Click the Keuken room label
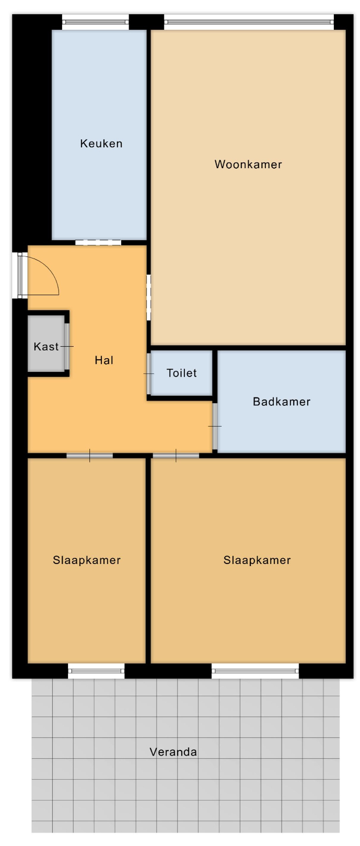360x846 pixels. point(101,144)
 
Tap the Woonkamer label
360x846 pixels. point(248,164)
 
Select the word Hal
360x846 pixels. point(104,360)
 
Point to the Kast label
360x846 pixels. point(46,346)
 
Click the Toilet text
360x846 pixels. point(182,373)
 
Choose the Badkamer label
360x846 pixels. point(282,402)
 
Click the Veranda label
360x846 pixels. point(173,752)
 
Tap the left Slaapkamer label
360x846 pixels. point(87,560)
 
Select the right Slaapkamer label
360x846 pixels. point(257,560)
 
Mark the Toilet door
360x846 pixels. point(149,373)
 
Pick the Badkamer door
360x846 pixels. point(215,427)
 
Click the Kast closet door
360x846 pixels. point(67,346)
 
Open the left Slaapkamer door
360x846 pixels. point(89,455)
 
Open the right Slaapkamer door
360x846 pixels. point(176,455)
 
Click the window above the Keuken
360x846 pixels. point(96,22)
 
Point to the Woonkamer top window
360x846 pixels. point(249,22)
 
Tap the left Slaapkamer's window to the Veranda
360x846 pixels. point(96,671)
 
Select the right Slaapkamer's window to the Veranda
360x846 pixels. point(256,671)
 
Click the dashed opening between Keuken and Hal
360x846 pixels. point(98,243)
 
